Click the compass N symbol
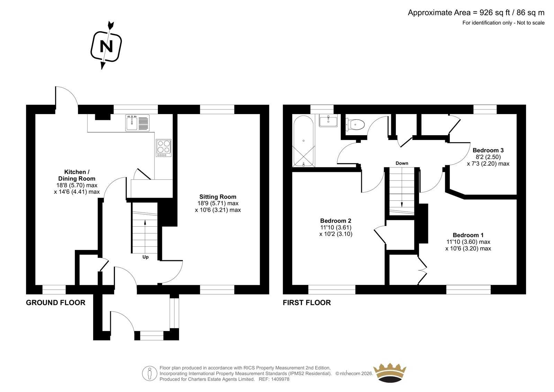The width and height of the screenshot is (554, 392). (x=106, y=46)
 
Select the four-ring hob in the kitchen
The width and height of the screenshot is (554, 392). (x=163, y=147)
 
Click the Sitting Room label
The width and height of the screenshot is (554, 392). (x=218, y=197)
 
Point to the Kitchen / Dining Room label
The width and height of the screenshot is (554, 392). (x=77, y=175)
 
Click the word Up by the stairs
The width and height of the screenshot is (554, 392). (x=145, y=257)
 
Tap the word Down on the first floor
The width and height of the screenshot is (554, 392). (x=402, y=163)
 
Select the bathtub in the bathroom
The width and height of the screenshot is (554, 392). (x=304, y=140)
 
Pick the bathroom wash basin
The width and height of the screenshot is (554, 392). (x=328, y=121)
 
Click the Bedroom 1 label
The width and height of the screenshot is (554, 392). (x=468, y=235)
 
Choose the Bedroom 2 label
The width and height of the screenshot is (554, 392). (x=336, y=221)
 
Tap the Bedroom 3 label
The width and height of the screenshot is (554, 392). (x=488, y=150)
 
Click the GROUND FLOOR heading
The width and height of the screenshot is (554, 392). (x=56, y=303)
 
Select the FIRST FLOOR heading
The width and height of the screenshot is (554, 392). (x=307, y=303)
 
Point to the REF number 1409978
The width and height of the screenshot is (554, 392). (x=279, y=379)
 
